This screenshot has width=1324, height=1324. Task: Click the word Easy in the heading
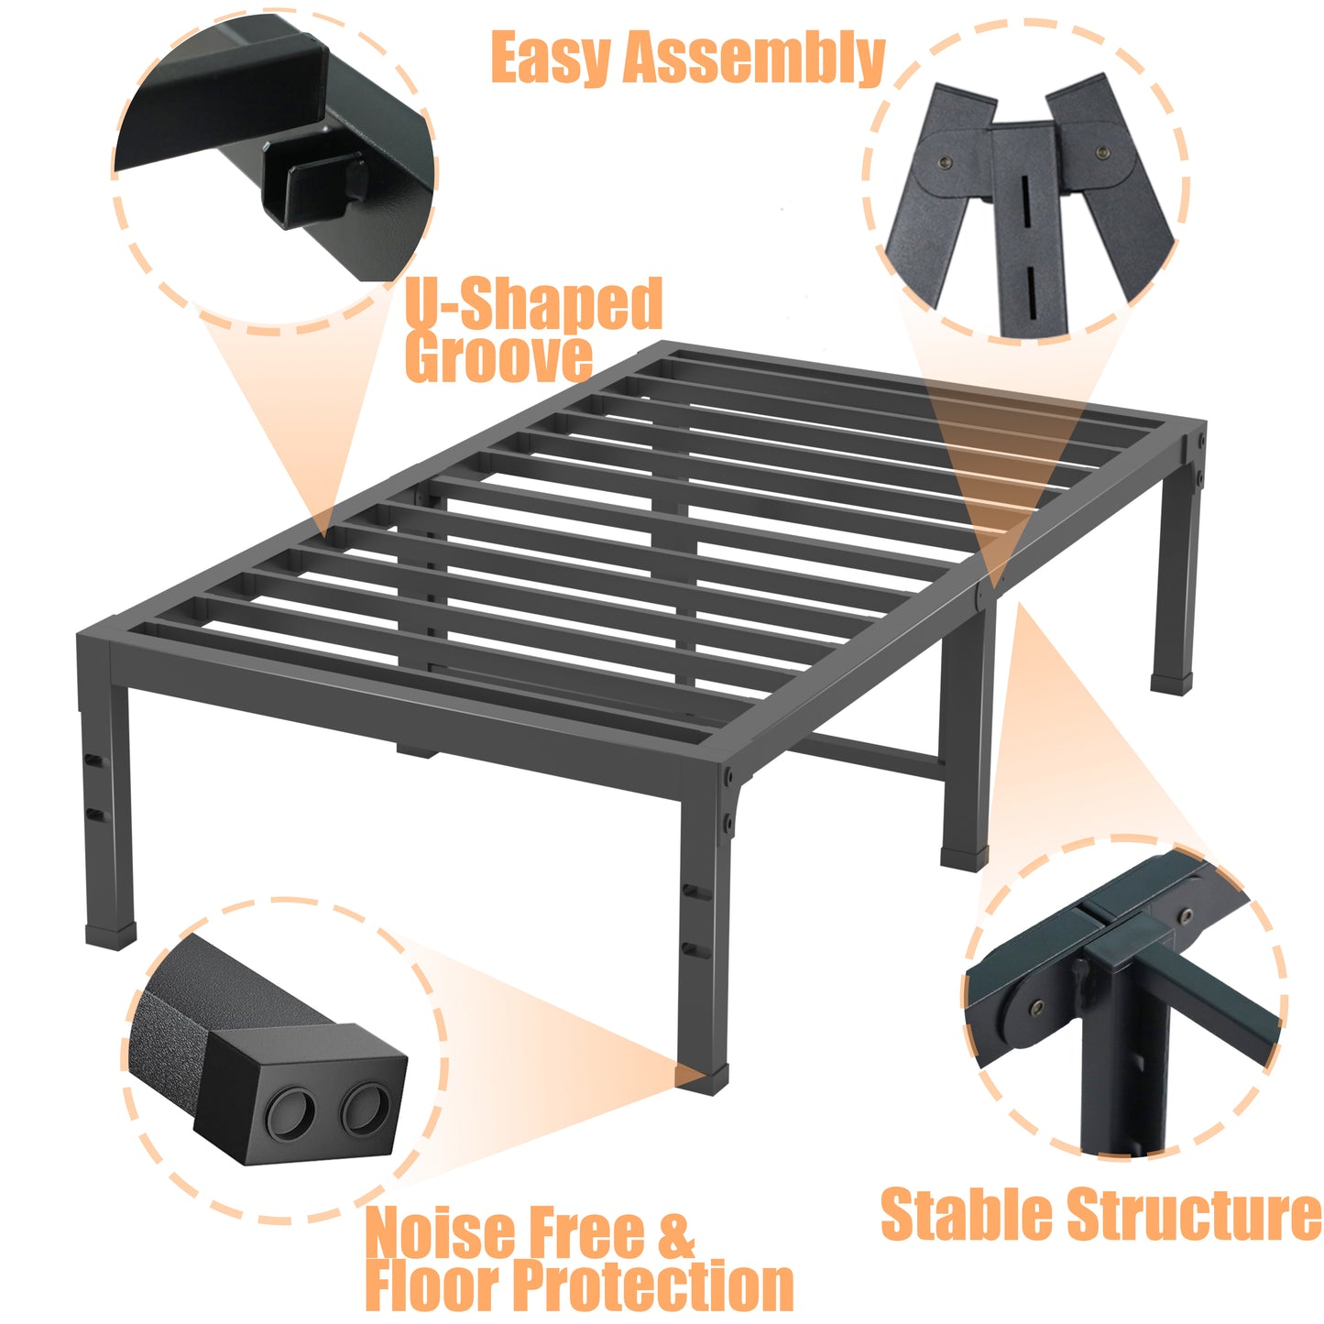(550, 58)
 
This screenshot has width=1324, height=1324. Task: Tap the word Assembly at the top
(753, 60)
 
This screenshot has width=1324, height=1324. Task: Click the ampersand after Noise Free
(676, 1232)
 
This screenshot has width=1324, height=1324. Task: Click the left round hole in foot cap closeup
(290, 1112)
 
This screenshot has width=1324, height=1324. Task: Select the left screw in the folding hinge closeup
(947, 163)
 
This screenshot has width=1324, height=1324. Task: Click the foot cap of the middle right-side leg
(964, 859)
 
